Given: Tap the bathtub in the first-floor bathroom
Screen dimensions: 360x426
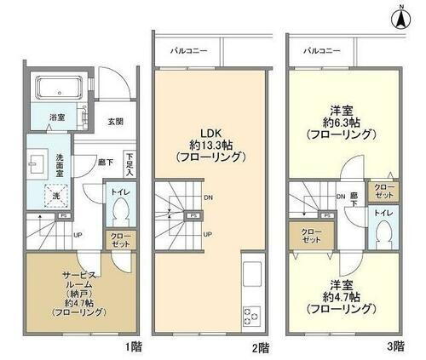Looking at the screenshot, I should [57, 88].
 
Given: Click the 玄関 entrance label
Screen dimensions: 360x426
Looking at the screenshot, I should [116, 122].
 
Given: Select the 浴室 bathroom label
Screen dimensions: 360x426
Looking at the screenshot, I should [57, 117].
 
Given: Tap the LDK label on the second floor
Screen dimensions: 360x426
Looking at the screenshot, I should [210, 132].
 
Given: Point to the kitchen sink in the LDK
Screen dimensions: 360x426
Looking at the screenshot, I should [252, 275].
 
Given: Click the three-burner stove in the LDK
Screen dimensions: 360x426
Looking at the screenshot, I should [252, 313].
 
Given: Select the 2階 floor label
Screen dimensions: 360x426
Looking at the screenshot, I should [261, 347].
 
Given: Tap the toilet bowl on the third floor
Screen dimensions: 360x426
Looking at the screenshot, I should [383, 228].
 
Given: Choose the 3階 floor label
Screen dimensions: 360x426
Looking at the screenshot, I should [394, 347].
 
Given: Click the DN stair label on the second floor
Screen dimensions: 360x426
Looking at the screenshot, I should [208, 200].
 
